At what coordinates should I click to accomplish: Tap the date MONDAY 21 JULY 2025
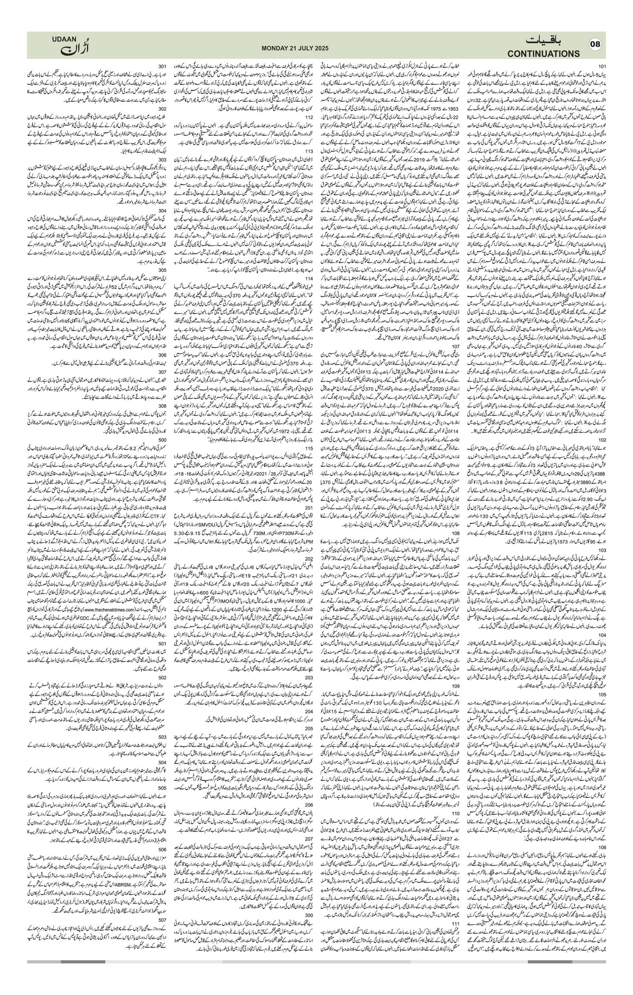tap(295, 48)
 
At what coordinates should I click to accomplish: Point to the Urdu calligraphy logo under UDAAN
tap(74, 49)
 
